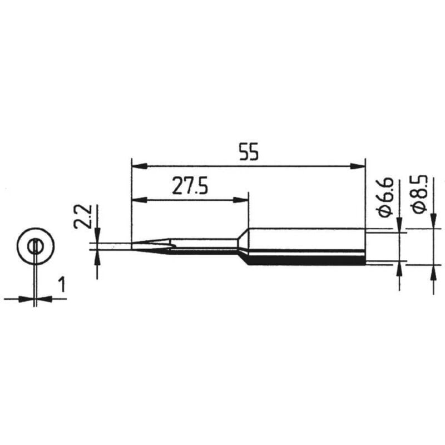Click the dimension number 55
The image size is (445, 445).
click(249, 152)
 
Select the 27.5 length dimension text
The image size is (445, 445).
click(190, 186)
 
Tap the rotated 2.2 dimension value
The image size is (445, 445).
click(82, 216)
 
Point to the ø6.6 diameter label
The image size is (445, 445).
click(385, 197)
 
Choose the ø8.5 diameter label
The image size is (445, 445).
click(419, 194)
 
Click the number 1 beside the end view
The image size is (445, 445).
click(62, 285)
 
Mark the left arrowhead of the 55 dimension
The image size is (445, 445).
click(140, 166)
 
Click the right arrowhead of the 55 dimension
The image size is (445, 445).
click(358, 166)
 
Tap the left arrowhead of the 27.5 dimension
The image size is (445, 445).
click(140, 200)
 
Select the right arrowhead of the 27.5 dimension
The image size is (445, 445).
click(241, 200)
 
